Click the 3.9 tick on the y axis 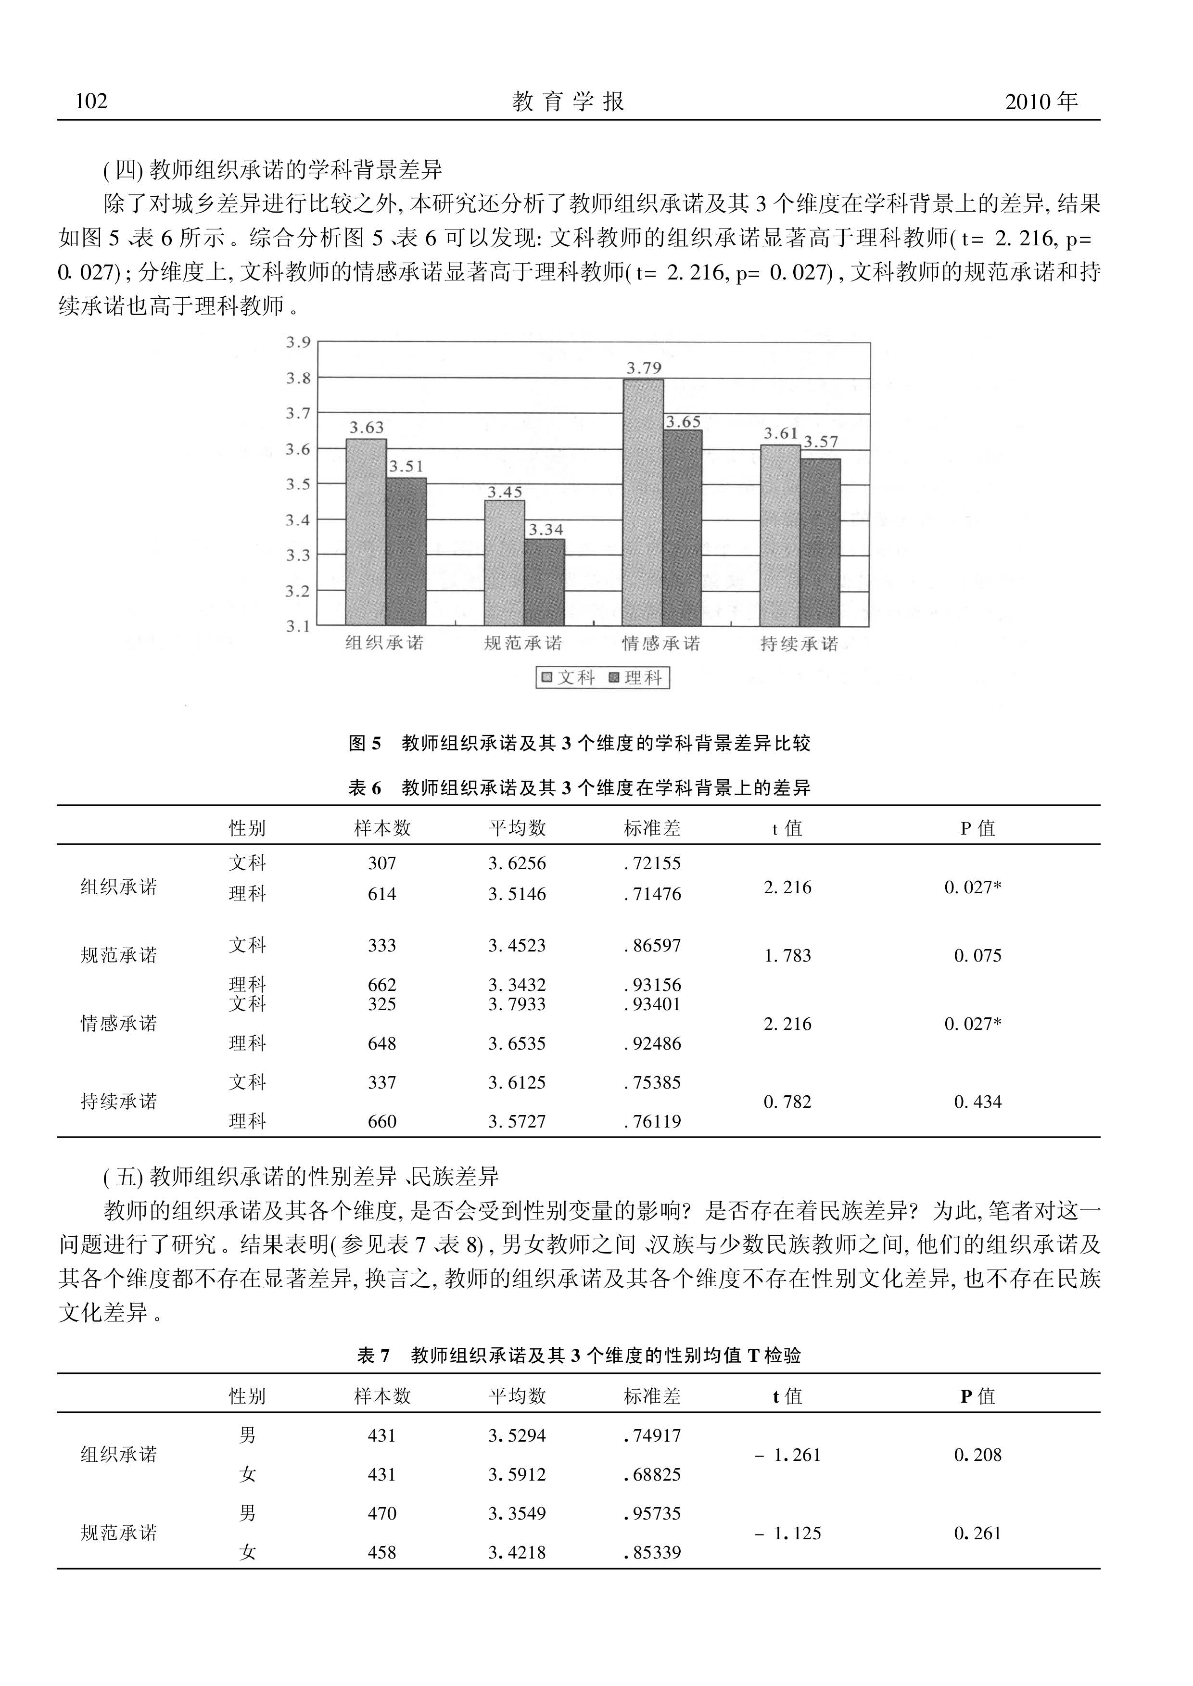298,342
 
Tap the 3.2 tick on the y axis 298,591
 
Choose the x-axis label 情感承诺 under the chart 660,644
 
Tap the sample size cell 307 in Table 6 382,863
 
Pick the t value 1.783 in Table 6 787,956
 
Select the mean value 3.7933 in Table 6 517,1004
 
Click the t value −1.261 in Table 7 787,1455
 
